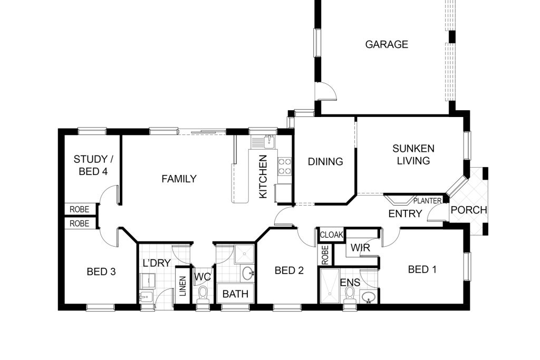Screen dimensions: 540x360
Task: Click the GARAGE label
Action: tap(387, 44)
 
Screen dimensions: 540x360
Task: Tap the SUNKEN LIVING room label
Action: tap(413, 154)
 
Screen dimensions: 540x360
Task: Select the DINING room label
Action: tap(325, 161)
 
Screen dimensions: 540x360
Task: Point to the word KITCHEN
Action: tap(263, 177)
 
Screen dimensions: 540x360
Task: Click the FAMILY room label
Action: tap(179, 179)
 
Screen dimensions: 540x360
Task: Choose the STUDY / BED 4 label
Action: tap(93, 165)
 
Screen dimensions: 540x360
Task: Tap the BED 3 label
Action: tap(101, 271)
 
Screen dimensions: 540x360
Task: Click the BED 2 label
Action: tap(289, 270)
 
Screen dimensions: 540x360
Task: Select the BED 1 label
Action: tap(422, 269)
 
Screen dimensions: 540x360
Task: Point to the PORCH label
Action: tap(469, 210)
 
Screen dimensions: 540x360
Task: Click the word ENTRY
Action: tap(405, 213)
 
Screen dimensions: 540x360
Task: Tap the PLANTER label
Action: tap(427, 201)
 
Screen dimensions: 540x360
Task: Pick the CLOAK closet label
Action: tap(332, 235)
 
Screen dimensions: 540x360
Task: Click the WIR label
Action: tap(360, 247)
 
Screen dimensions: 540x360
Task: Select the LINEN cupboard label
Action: tap(183, 286)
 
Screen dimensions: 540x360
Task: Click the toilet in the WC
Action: tap(203, 295)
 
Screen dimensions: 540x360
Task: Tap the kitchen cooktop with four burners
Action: tap(285, 166)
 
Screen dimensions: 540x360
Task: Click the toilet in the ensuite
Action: tap(350, 295)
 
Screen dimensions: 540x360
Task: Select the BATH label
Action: tap(235, 294)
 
